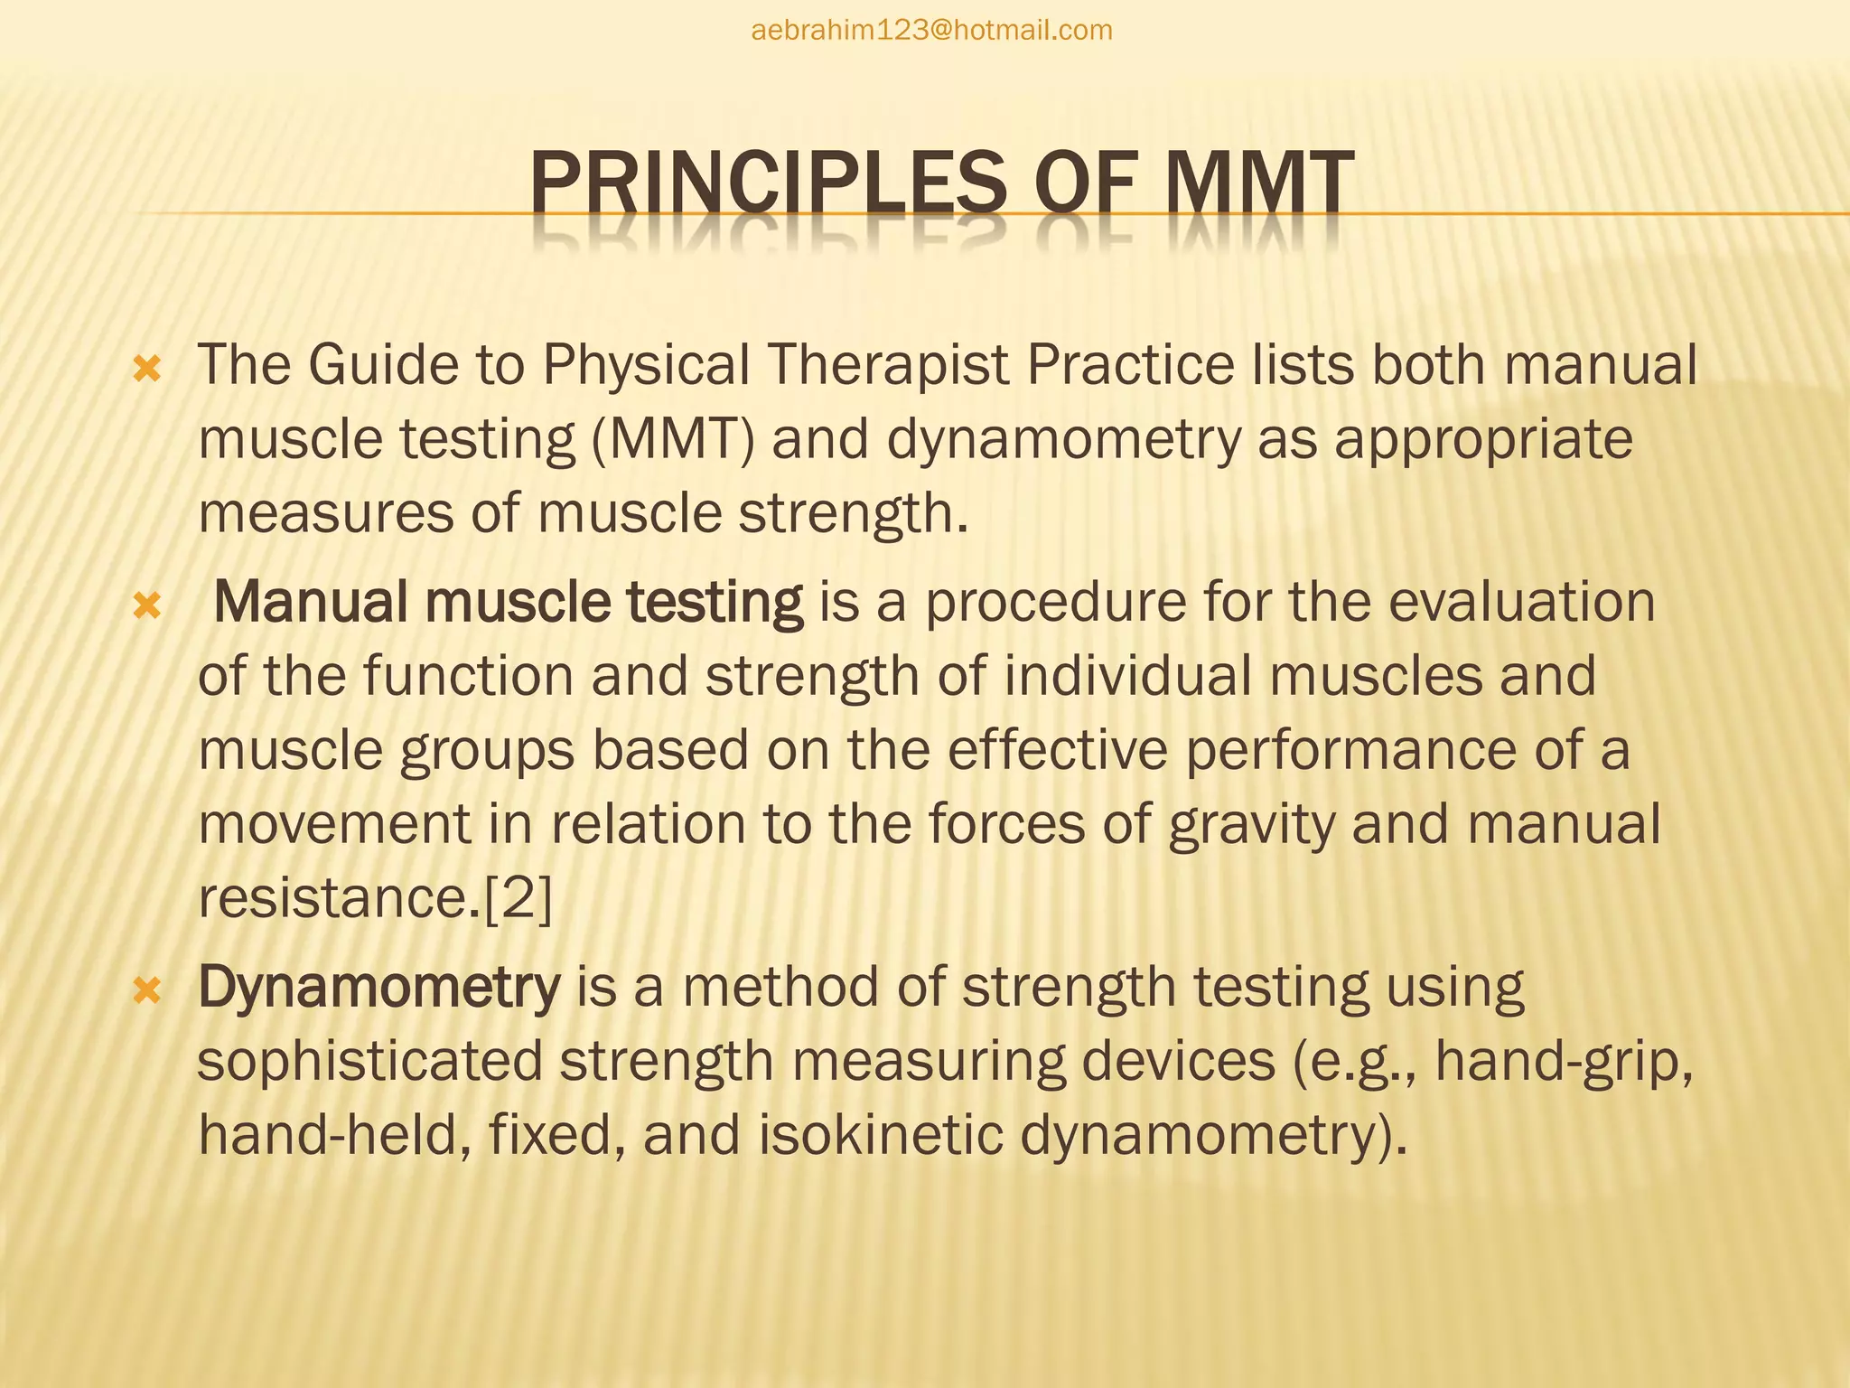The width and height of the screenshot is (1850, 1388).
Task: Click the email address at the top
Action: pos(931,31)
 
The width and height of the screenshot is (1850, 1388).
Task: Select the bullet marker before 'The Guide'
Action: pos(146,369)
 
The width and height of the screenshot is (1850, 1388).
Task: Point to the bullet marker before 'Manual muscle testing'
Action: pos(146,606)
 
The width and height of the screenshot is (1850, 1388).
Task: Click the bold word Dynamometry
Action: pos(378,987)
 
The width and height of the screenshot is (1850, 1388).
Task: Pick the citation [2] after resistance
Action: pos(518,898)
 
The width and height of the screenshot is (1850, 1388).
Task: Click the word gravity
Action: pos(1251,825)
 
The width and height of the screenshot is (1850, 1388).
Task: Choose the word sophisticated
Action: pos(369,1062)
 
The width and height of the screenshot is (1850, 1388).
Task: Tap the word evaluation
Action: pos(1521,602)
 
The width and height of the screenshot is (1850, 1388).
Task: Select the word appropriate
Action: pos(1483,440)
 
